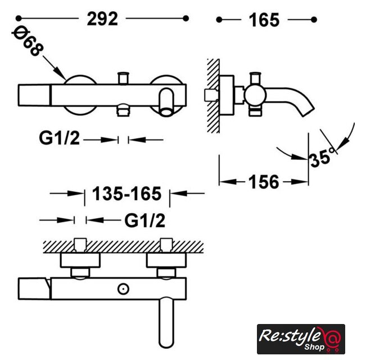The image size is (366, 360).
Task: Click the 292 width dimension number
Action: pos(102,19)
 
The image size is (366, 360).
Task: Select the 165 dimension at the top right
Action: pos(264,20)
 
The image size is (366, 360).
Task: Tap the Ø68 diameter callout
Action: pos(28,42)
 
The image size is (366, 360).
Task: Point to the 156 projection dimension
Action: pos(264,182)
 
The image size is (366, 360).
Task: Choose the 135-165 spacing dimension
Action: pos(126,193)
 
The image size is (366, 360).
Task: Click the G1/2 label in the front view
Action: pos(59,138)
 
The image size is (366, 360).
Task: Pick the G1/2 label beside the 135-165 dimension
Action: pos(144,220)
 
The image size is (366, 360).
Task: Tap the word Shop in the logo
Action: pos(314,346)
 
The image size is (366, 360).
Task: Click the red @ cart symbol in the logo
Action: pos(332,339)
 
